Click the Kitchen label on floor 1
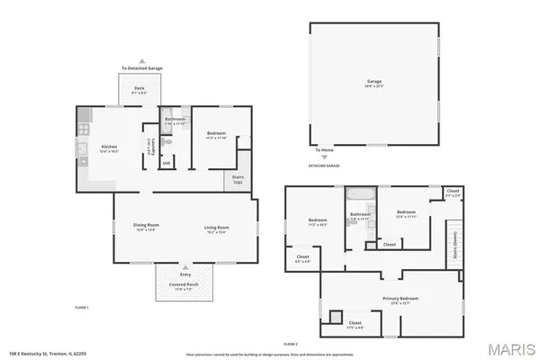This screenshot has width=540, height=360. coord(109,147)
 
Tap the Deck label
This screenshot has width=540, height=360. coord(139,88)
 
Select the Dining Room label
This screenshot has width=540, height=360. coord(146,227)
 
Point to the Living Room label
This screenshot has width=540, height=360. coord(217,227)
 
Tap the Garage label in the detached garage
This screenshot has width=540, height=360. coord(373,80)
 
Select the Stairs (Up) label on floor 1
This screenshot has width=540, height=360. coord(238,179)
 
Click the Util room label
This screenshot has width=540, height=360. coord(166,163)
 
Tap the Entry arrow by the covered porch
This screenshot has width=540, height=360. coord(184,267)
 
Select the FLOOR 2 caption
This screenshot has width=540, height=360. coord(290,343)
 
